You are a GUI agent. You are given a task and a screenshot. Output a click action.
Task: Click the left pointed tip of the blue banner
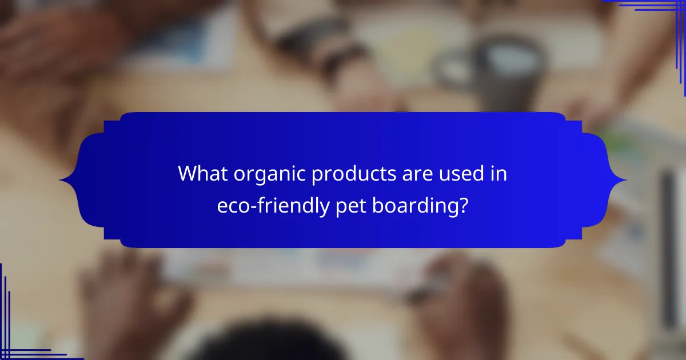(61, 181)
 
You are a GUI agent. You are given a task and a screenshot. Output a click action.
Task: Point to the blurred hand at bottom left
(131, 303)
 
